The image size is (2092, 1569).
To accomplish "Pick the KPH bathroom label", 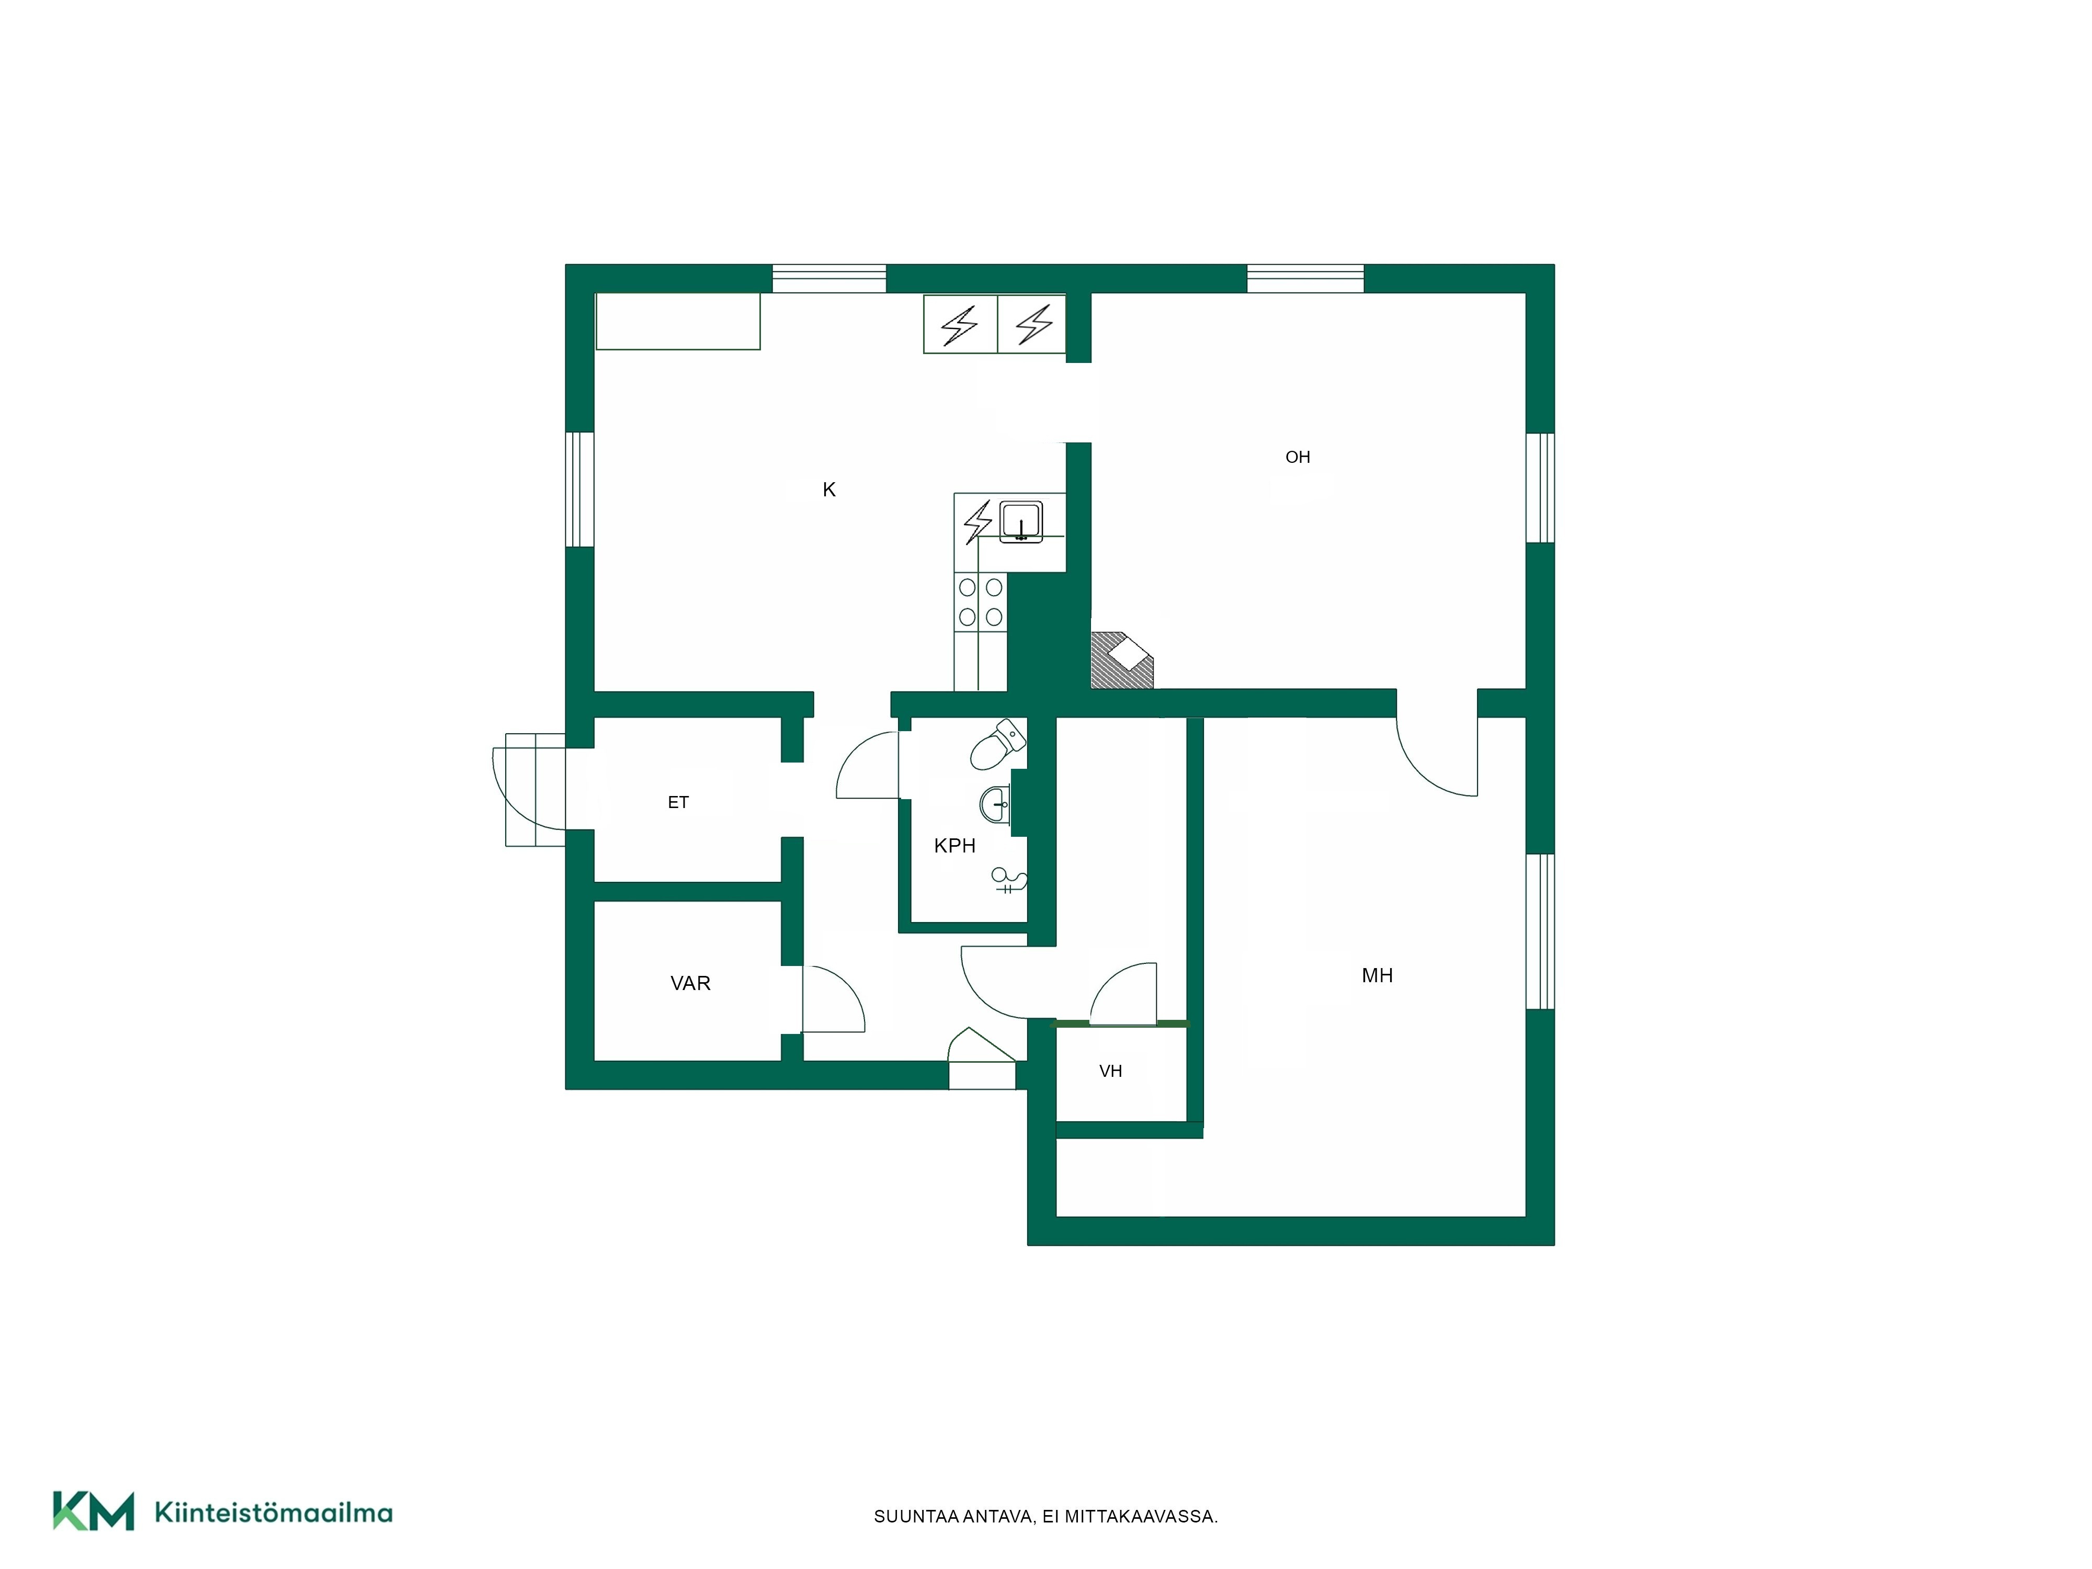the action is pyautogui.click(x=954, y=846).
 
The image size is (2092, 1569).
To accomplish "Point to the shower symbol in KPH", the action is pyautogui.click(x=1008, y=881).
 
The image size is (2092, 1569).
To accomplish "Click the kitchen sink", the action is pyautogui.click(x=1021, y=522).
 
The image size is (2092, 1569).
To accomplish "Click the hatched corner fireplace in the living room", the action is pyautogui.click(x=1122, y=659).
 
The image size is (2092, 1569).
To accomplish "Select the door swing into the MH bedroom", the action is pyautogui.click(x=1436, y=757).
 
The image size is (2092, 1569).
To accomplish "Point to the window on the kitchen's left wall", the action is pyautogui.click(x=579, y=490).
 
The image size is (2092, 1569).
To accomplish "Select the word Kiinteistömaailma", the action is pyautogui.click(x=274, y=1513).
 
